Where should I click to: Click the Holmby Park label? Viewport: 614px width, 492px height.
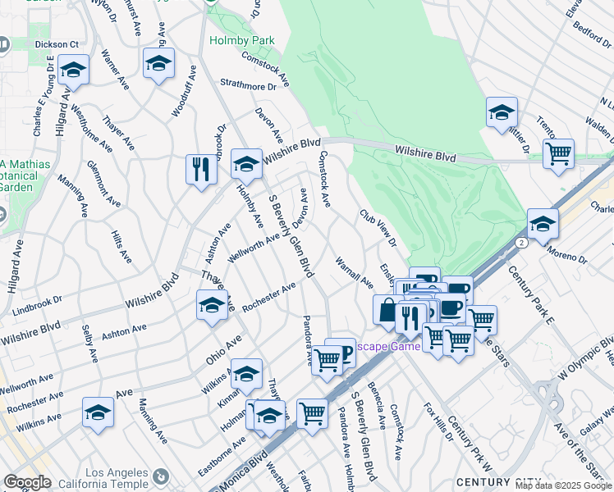point(241,39)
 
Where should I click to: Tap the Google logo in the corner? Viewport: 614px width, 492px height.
point(28,482)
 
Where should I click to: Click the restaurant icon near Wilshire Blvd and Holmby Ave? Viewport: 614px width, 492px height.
point(200,170)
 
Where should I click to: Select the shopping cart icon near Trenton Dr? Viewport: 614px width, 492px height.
point(558,153)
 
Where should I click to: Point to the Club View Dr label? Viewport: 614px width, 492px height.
point(378,229)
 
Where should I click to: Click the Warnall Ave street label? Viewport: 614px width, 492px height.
point(354,272)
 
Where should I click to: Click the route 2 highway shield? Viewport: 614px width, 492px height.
point(522,243)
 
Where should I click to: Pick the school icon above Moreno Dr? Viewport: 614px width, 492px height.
point(543,222)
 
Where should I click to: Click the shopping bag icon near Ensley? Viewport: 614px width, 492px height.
point(387,310)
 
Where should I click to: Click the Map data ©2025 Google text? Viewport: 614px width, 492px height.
point(562,485)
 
